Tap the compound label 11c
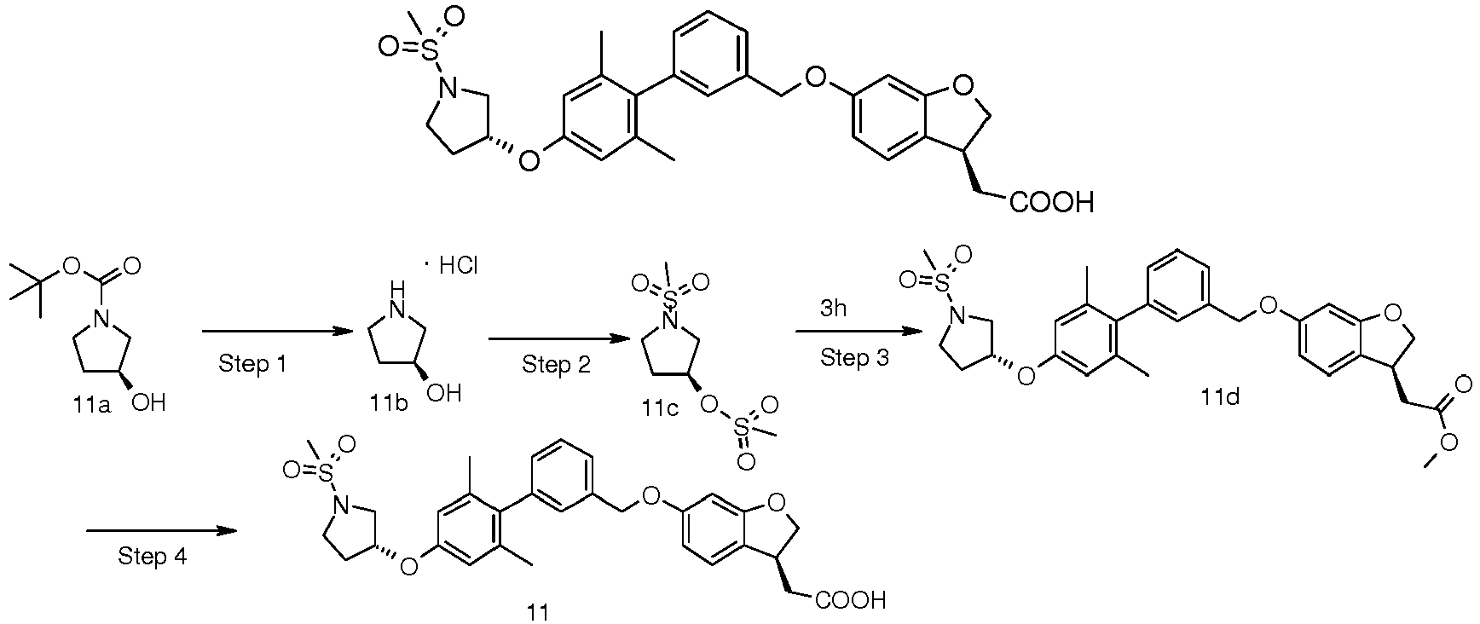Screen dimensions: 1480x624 (x=661, y=409)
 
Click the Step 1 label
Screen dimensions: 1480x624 (x=252, y=365)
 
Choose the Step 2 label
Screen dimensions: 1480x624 (x=556, y=365)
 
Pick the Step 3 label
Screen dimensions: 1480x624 (x=854, y=358)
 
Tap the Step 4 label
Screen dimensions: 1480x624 (x=152, y=557)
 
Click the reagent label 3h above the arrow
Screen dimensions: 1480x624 (x=833, y=309)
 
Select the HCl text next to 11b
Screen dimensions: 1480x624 (x=459, y=267)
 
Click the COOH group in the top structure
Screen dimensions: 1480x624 (x=1051, y=203)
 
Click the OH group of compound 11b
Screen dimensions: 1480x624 (x=443, y=394)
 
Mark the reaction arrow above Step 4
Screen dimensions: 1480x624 (x=160, y=530)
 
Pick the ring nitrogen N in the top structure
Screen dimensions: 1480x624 (x=445, y=84)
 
